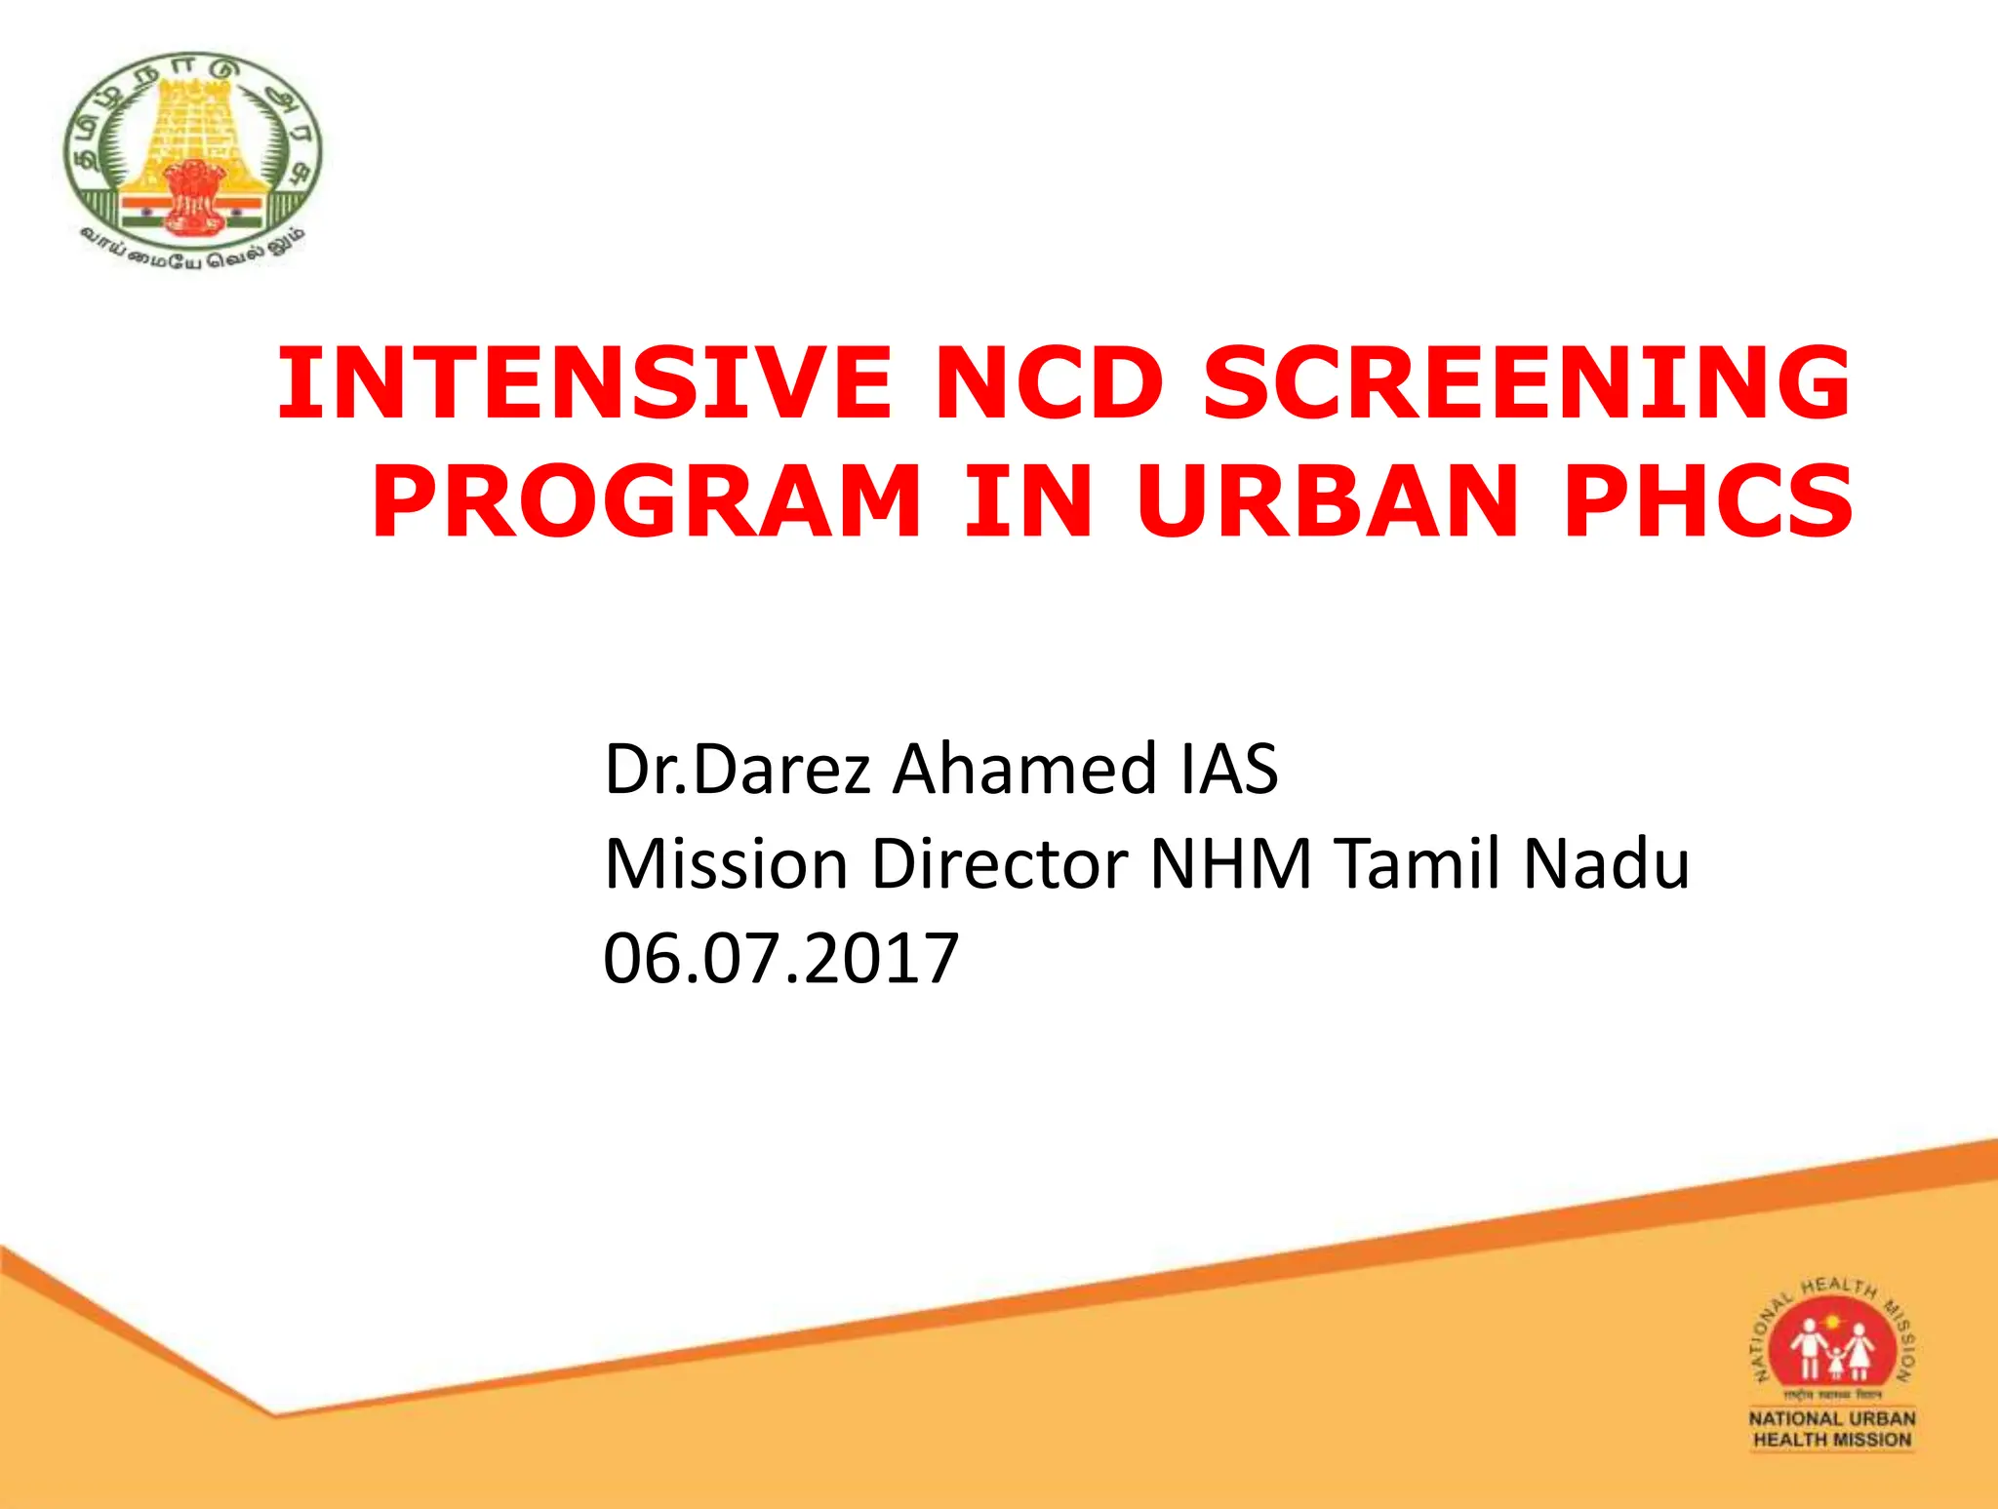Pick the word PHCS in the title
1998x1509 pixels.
click(1707, 501)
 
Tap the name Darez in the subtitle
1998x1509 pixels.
click(781, 770)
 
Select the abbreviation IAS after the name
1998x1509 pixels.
click(1229, 770)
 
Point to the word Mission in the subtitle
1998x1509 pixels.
click(726, 864)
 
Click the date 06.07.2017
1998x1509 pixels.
click(781, 958)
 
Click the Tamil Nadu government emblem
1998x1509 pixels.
click(192, 156)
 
